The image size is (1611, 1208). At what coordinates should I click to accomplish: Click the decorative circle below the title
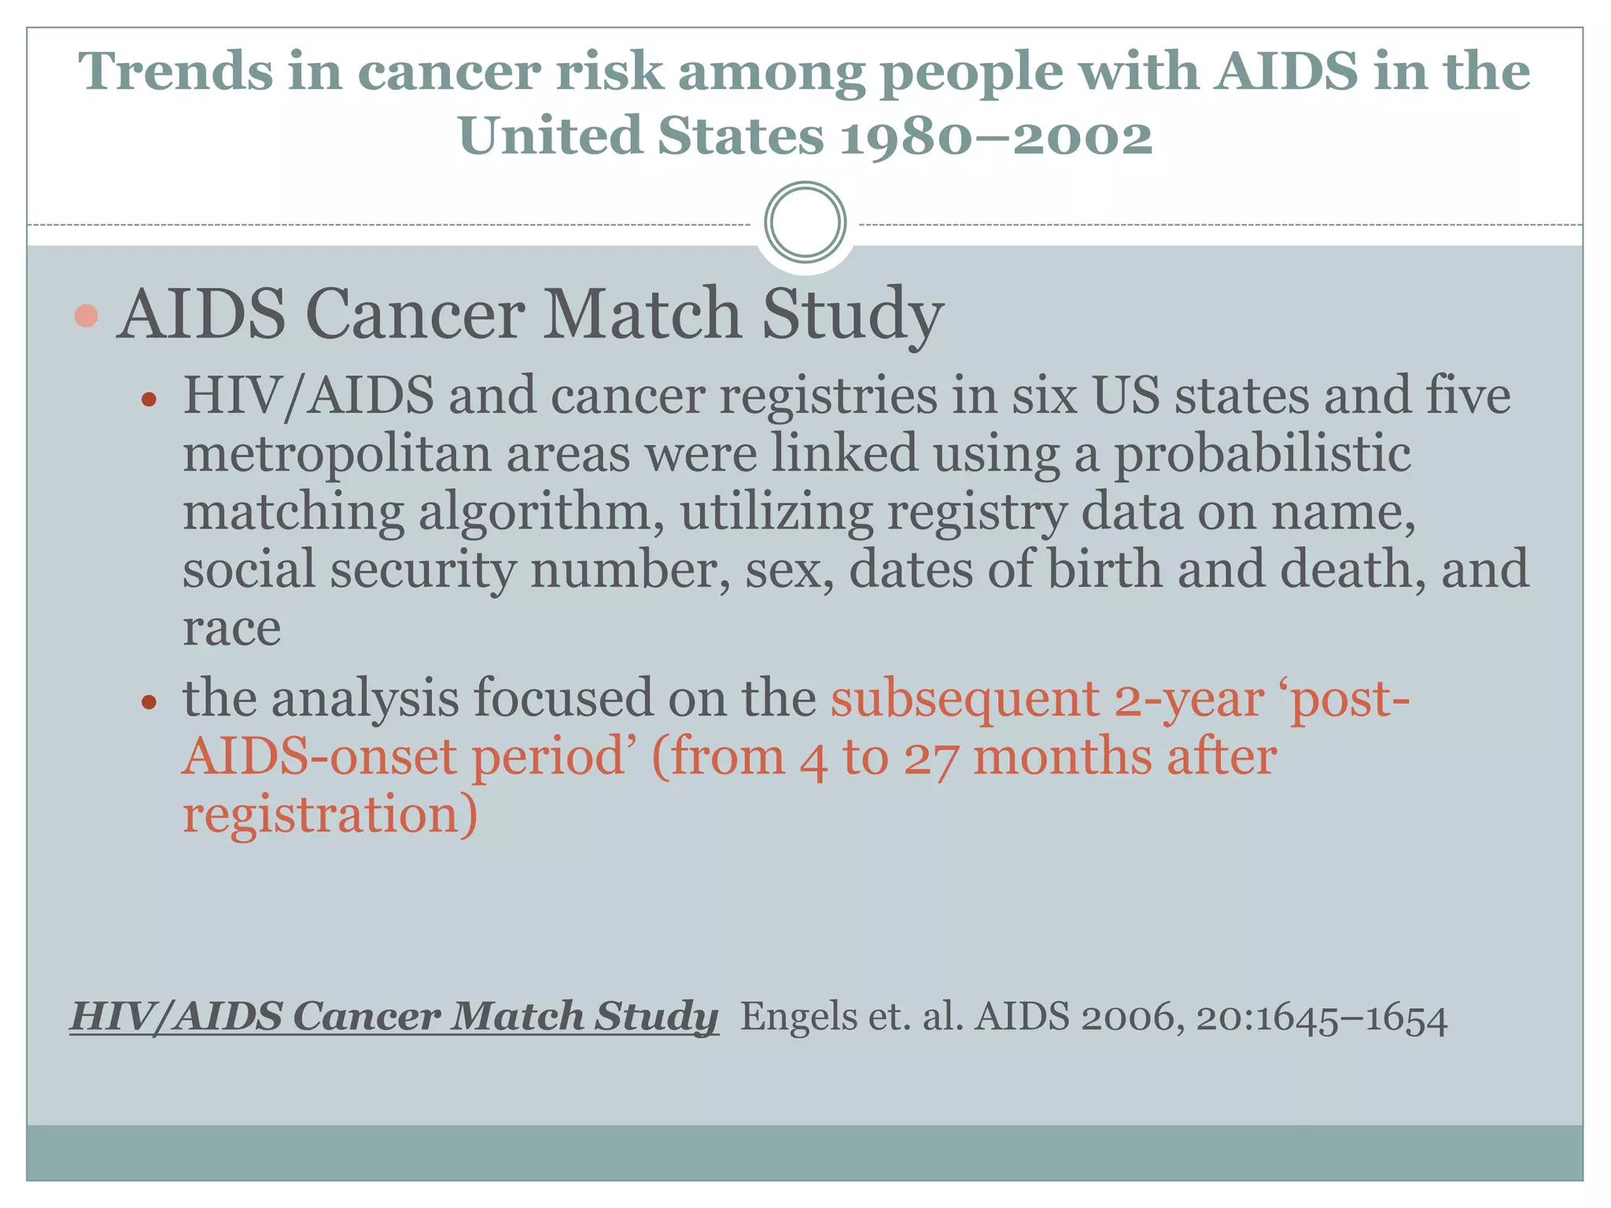805,223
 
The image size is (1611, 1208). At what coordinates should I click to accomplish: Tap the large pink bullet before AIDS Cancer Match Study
86,315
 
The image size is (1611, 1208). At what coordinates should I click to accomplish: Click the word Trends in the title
174,72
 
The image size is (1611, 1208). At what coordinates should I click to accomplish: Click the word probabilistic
1262,454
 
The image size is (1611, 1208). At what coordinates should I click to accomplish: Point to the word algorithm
547,512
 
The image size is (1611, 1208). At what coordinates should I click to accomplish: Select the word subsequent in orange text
964,698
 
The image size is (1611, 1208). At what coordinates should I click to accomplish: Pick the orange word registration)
330,814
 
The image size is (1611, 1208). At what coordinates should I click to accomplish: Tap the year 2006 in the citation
1132,1017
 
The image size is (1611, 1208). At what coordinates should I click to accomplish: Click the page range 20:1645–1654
1322,1018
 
